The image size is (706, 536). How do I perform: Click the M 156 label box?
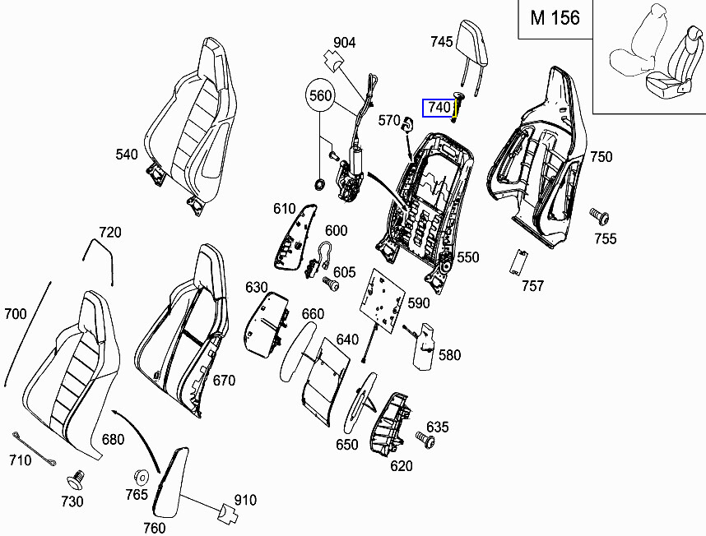coord(555,19)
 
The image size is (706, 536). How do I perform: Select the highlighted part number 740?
coord(439,108)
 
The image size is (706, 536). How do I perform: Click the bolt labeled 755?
coord(599,217)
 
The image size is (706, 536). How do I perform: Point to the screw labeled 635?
coord(427,441)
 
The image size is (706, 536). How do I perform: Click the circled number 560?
coord(320,96)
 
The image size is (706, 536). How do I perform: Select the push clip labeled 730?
coord(78,478)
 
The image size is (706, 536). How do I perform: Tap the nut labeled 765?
coord(140,477)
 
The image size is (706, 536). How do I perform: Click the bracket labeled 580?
coord(425,345)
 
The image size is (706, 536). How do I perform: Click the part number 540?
coord(127,154)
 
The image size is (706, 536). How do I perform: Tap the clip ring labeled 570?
coord(406,123)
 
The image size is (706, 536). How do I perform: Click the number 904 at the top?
coord(344,43)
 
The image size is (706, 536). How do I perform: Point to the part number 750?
coord(601,157)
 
